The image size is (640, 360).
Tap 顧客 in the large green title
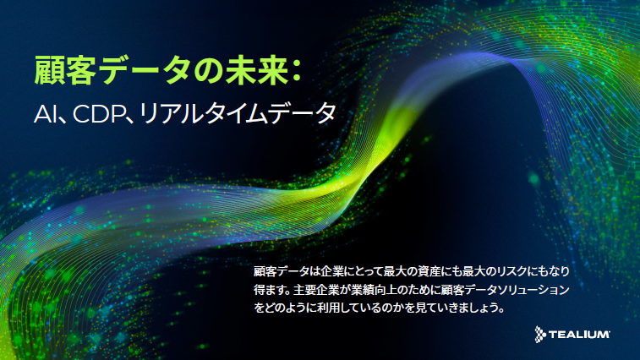(65, 71)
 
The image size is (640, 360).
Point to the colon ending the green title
(297, 71)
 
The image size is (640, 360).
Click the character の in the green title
(207, 71)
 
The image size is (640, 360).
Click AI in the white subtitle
(45, 113)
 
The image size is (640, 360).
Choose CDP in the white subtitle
(98, 113)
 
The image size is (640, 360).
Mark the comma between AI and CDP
(63, 118)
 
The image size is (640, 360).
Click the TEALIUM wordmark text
(579, 335)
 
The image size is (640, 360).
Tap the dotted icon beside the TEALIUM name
(540, 335)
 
